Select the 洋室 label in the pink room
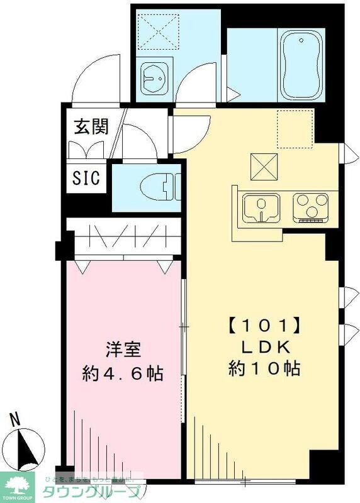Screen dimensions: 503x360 (x=122, y=348)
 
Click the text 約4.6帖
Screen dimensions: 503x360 (x=123, y=373)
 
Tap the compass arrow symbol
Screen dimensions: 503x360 (x=26, y=447)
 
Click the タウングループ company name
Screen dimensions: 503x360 (x=90, y=492)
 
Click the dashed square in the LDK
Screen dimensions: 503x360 (x=295, y=127)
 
